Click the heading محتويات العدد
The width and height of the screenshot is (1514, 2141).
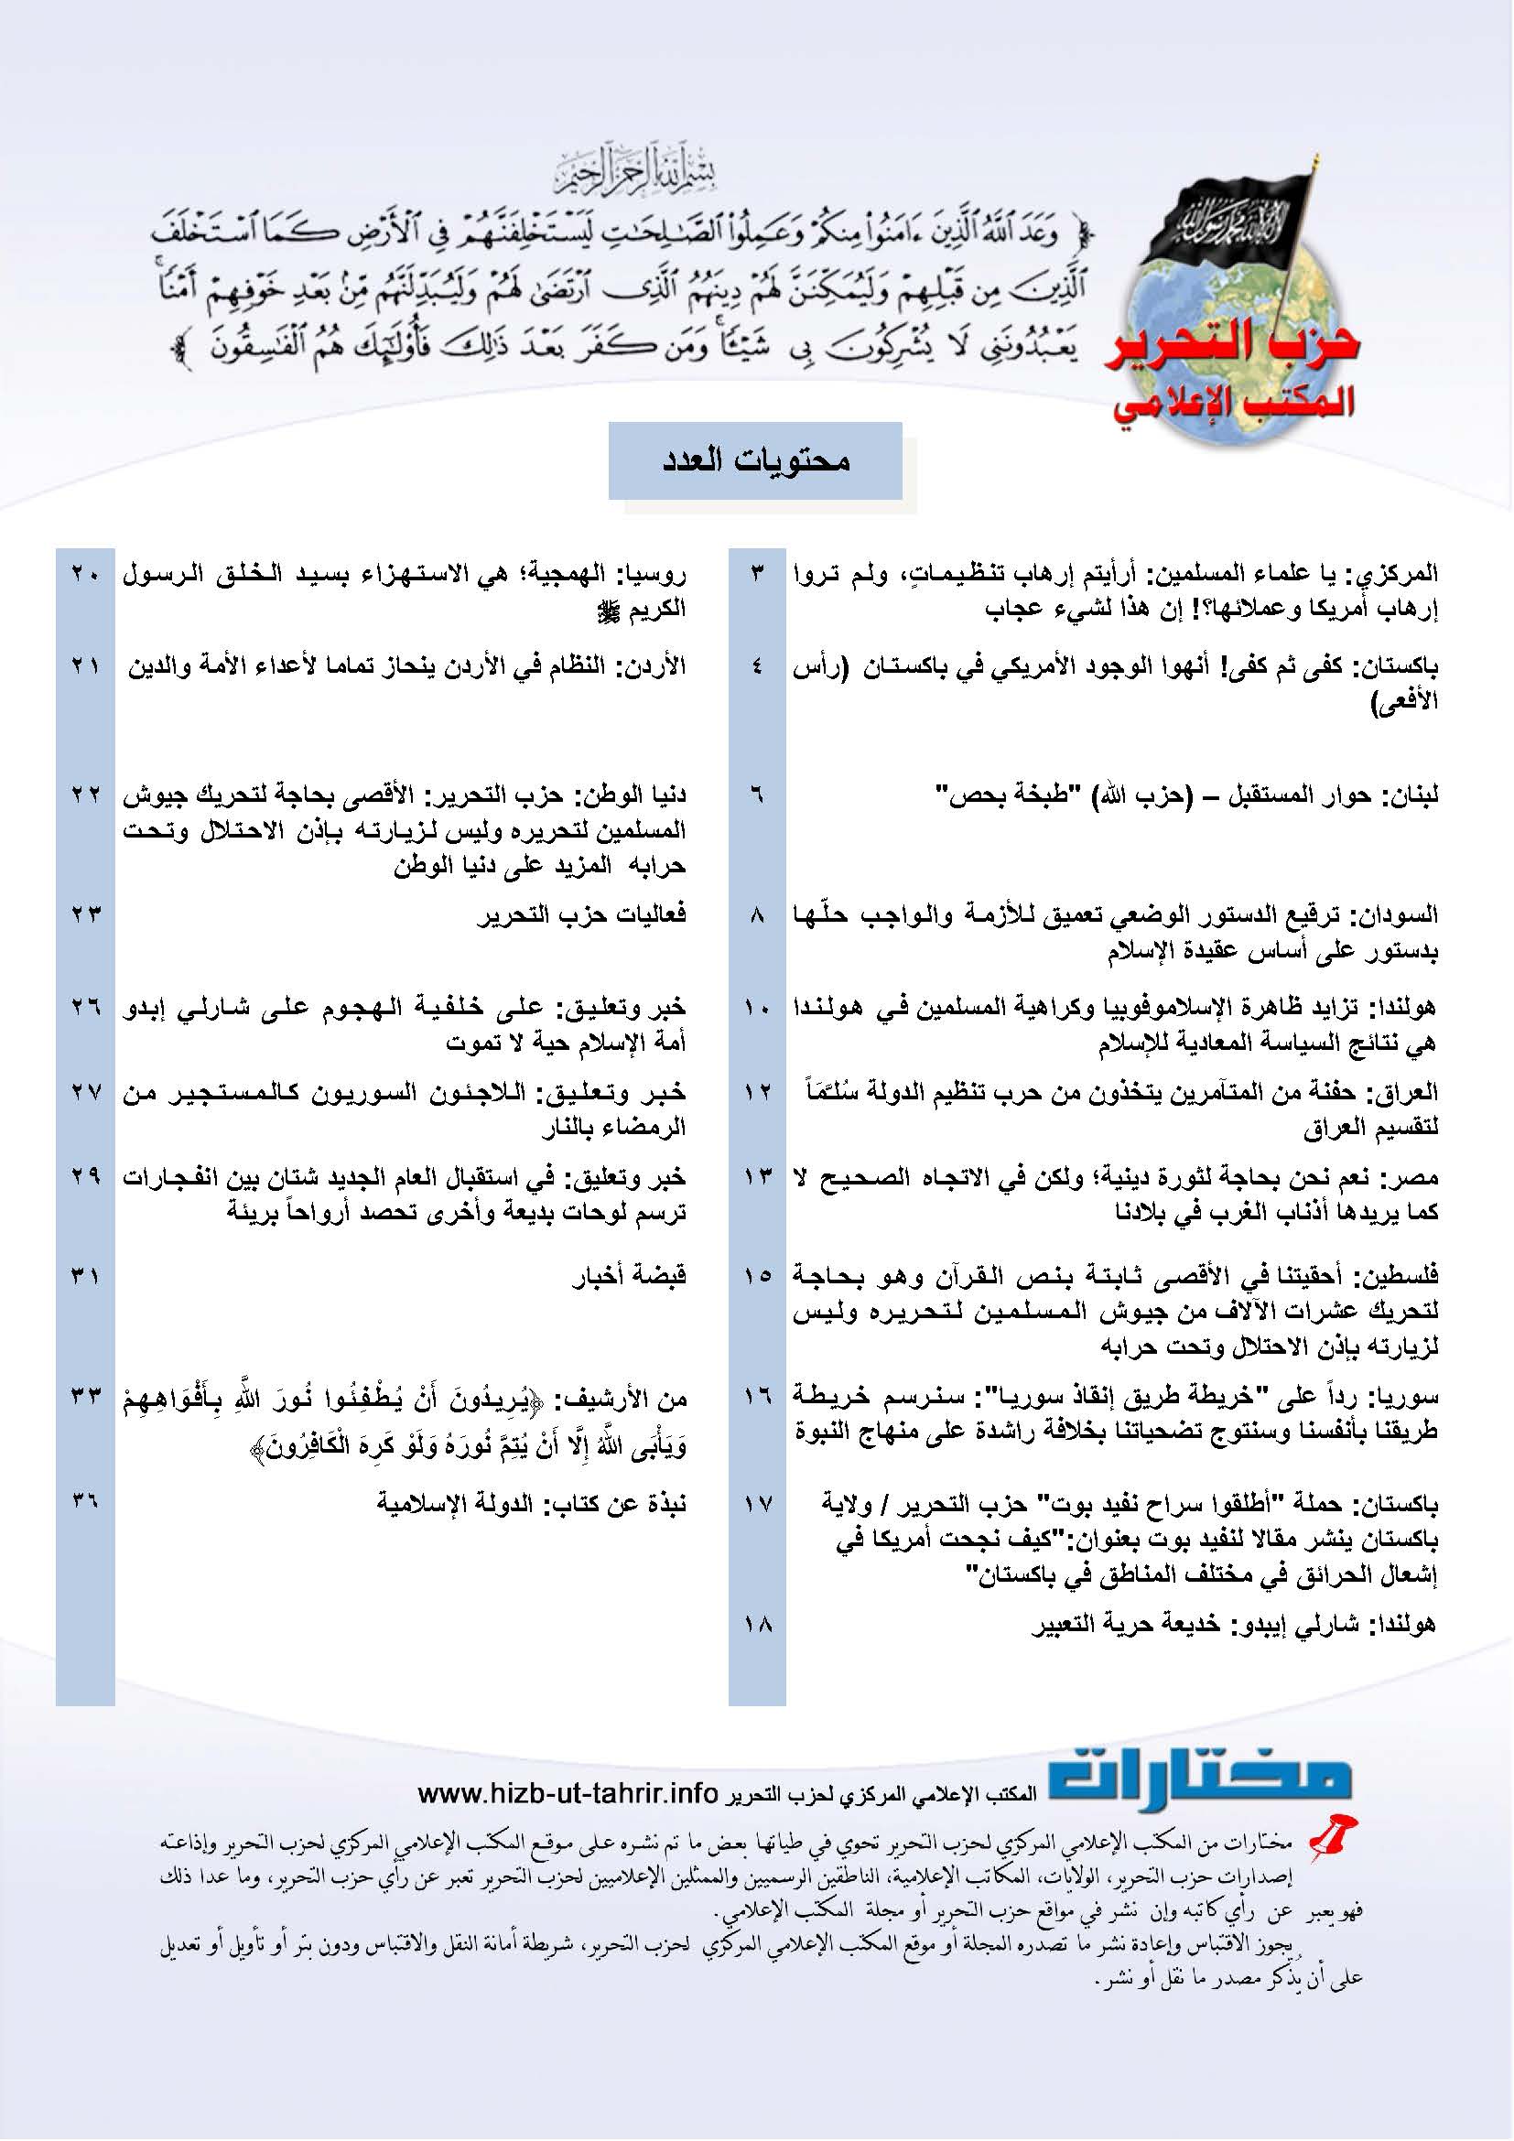pos(755,460)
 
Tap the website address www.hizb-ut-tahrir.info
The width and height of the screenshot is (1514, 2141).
pos(568,1793)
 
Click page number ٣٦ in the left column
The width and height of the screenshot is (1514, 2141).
pos(85,1502)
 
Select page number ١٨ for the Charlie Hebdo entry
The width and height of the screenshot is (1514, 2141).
pos(757,1624)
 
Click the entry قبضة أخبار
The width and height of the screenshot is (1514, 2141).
pos(629,1275)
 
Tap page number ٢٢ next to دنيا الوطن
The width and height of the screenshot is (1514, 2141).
pos(85,795)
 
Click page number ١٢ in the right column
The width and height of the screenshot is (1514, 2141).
pos(757,1091)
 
